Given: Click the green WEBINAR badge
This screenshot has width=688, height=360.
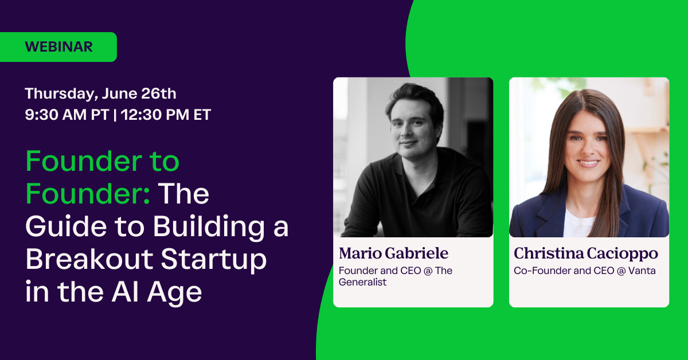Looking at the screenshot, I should click(x=58, y=47).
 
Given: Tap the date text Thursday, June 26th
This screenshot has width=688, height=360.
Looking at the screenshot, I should click(x=100, y=93).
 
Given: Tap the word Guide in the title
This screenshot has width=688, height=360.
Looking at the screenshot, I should click(x=60, y=228).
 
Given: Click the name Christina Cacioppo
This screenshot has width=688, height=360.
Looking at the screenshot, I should click(x=585, y=253).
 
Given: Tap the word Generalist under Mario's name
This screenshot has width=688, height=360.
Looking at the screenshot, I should click(x=362, y=282).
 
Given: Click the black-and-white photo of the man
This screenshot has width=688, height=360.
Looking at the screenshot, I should click(x=413, y=157).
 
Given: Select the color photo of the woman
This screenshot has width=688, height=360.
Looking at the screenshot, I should click(x=589, y=157).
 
